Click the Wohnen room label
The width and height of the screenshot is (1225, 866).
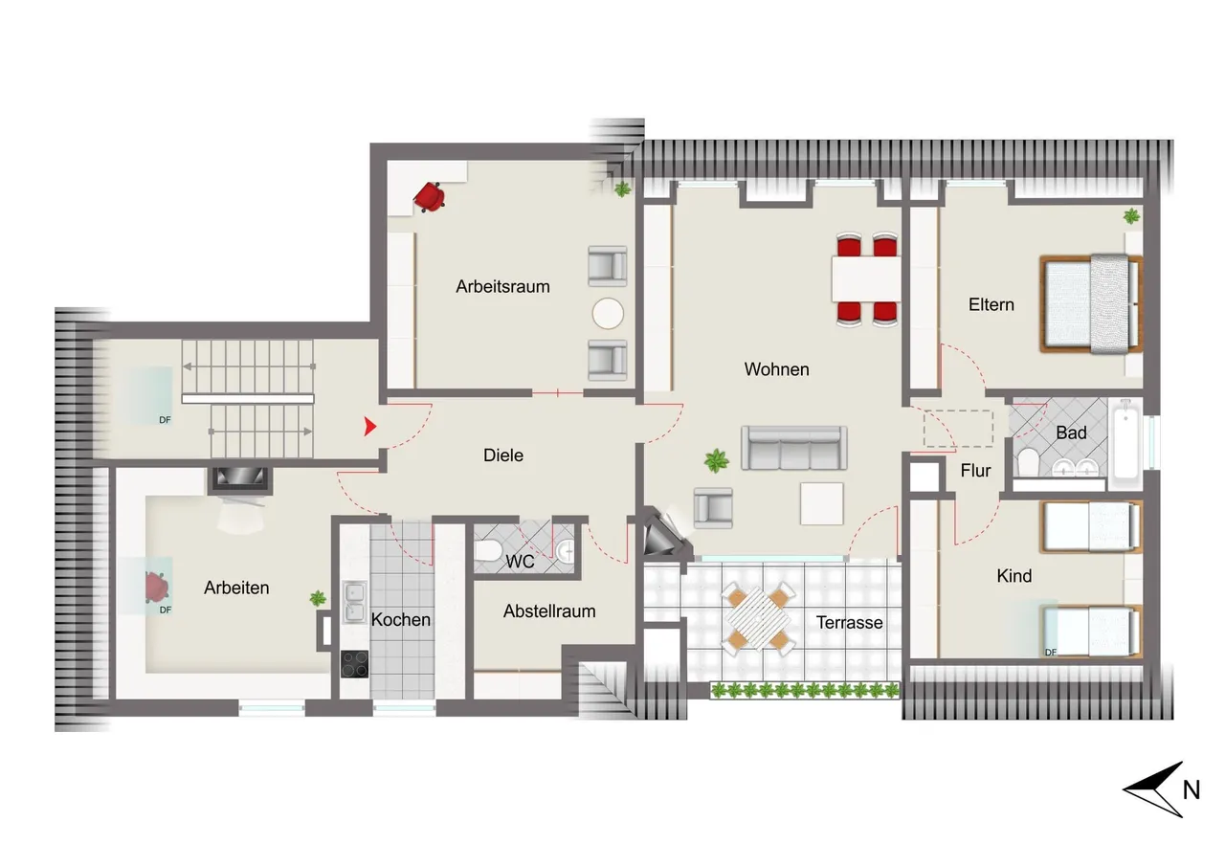776,369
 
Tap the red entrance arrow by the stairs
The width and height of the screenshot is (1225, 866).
370,427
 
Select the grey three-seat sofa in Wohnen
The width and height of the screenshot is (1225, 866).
794,448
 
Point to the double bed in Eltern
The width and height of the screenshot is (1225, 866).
1092,304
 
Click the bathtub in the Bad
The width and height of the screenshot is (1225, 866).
1125,442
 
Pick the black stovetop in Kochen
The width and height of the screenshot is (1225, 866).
354,664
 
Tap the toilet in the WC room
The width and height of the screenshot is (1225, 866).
488,550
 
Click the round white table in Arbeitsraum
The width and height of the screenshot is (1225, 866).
608,313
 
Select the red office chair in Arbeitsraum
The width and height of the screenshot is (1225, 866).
430,197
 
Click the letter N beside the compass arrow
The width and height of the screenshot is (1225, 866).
1192,790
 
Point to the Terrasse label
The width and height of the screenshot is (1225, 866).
849,623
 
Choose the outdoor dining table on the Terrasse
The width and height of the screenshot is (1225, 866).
759,618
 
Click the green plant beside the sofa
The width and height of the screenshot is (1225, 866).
717,460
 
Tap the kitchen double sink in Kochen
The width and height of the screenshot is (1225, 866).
354,602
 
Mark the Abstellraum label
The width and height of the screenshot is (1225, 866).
549,611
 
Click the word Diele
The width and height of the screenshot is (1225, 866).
503,455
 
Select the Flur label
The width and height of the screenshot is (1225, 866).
975,470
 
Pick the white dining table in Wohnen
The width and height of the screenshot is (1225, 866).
866,278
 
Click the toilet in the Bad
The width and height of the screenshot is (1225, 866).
1028,462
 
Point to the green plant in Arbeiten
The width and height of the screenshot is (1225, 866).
318,598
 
